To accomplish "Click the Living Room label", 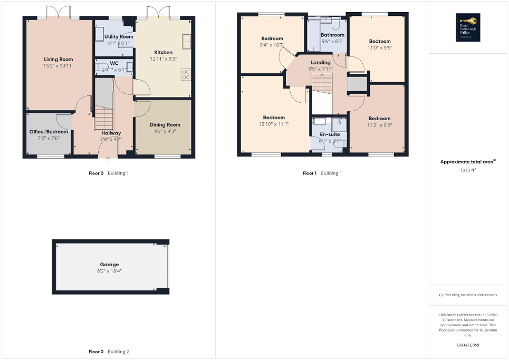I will (58, 60).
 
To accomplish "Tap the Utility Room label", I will (119, 36).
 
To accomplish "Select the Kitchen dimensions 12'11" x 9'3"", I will (163, 59).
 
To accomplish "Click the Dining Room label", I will (165, 124).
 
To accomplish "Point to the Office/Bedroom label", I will (48, 132).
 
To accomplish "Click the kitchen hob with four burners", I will (186, 74).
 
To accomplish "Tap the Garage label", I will (109, 265).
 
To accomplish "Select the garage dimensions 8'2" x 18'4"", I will (109, 271).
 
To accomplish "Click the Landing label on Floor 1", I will (320, 63).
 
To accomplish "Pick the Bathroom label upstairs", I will (332, 35).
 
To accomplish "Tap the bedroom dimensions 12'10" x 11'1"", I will (274, 124).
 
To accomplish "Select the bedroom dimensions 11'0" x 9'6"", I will (380, 47).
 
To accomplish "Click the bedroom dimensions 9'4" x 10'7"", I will (272, 45).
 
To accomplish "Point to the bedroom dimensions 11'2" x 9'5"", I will (379, 125).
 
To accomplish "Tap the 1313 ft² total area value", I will (468, 170).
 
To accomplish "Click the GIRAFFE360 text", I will (468, 345).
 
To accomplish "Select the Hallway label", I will (111, 133).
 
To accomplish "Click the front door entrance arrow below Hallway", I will (108, 157).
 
